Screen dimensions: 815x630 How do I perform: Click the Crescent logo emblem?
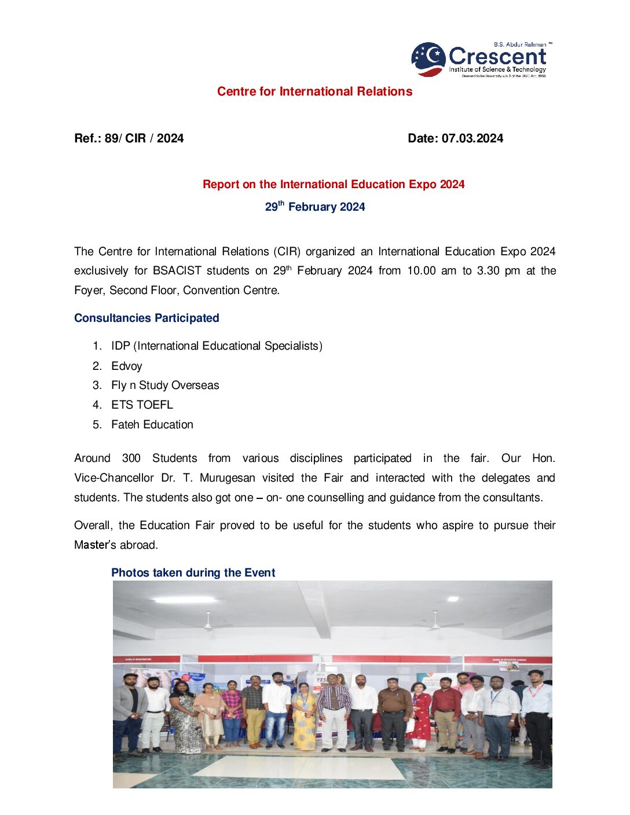click(428, 58)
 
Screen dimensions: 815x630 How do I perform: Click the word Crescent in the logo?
click(497, 56)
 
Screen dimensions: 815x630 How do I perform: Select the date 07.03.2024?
click(473, 138)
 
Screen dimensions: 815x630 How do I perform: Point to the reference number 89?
click(111, 138)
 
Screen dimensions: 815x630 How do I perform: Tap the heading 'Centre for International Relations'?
click(314, 91)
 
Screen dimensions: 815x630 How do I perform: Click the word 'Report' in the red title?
click(221, 185)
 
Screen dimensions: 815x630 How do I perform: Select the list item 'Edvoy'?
click(126, 366)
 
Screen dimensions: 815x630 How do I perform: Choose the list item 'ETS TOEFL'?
click(142, 405)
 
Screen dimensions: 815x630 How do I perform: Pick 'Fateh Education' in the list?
click(152, 424)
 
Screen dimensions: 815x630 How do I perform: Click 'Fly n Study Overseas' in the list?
click(165, 386)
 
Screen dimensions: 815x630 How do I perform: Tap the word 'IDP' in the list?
click(120, 346)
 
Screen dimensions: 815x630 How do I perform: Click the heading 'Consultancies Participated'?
click(146, 318)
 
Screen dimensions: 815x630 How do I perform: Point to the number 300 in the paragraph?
click(131, 458)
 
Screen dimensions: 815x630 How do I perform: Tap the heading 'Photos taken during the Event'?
click(193, 572)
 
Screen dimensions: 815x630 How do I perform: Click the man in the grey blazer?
click(130, 712)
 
